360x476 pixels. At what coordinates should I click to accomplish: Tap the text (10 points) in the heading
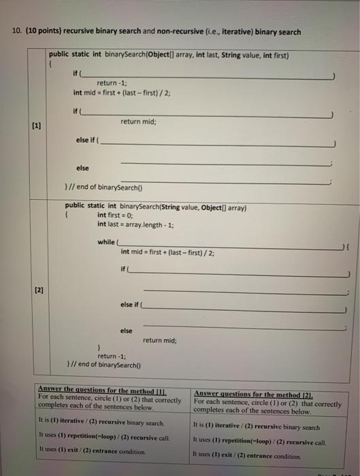point(45,32)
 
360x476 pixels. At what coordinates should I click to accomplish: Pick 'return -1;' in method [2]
point(111,356)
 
